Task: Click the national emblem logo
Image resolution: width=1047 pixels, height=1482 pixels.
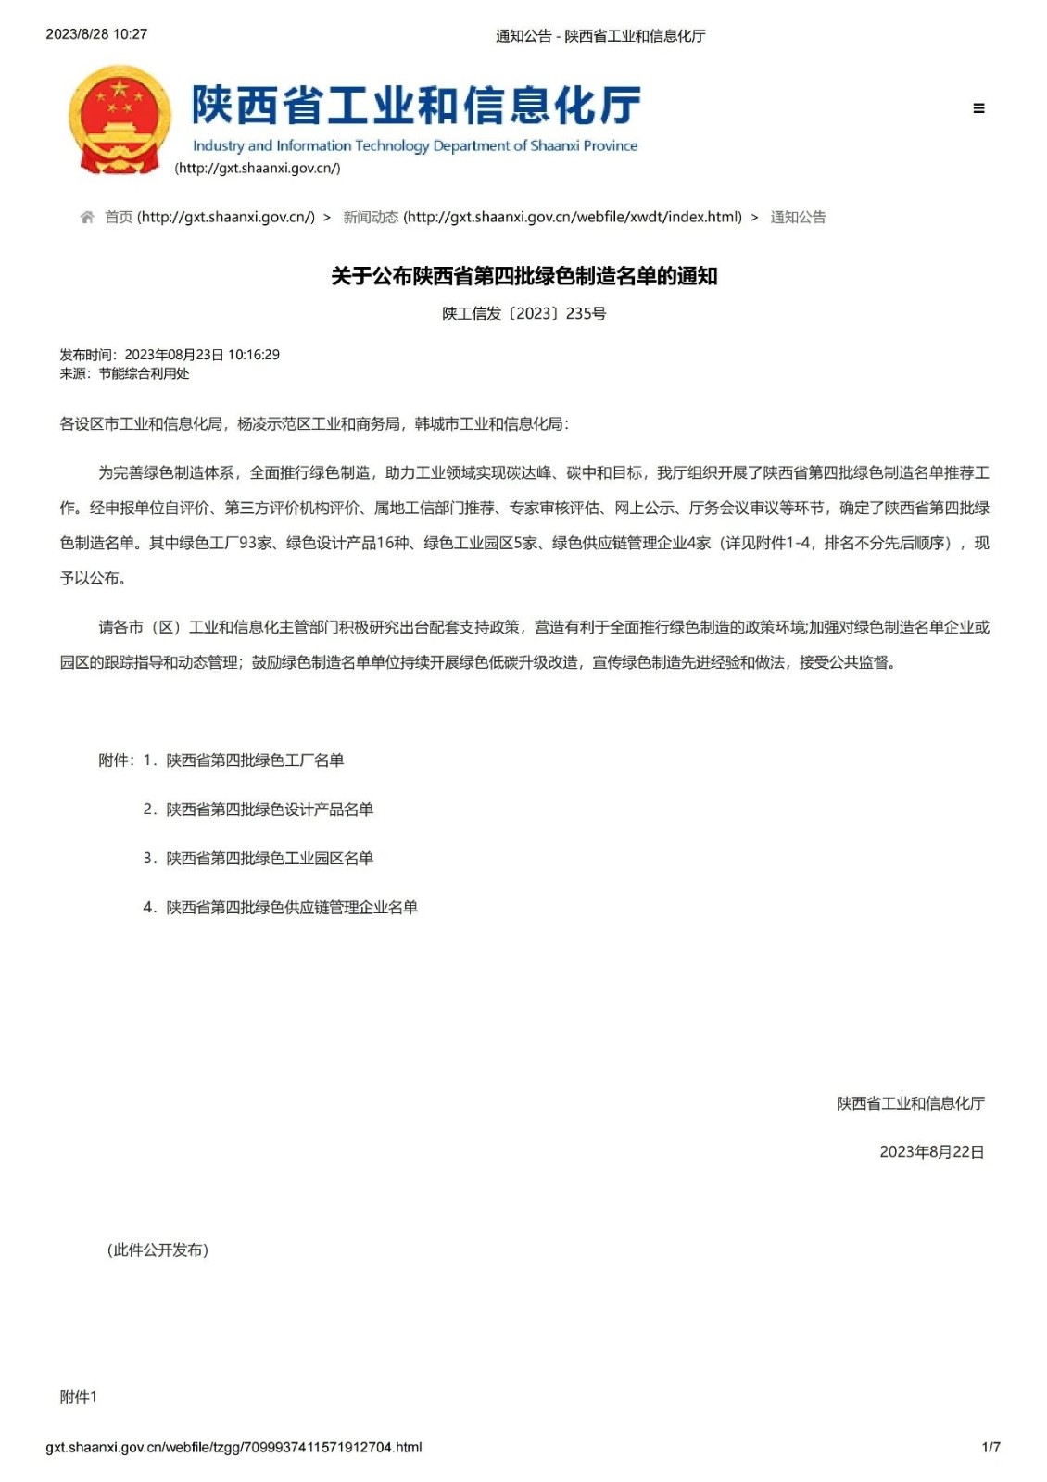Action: click(120, 119)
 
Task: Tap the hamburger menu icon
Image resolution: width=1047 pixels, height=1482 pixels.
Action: click(978, 108)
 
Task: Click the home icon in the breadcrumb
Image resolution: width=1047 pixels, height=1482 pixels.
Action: click(87, 218)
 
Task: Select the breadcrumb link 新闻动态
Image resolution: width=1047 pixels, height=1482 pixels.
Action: click(371, 218)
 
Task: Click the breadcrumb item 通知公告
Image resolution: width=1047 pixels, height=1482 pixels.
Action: click(798, 218)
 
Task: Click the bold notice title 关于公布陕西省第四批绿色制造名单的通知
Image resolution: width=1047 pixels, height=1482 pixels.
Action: click(523, 276)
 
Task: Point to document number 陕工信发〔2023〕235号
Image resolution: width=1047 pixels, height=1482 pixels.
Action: click(523, 314)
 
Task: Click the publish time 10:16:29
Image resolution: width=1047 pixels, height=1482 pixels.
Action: click(254, 355)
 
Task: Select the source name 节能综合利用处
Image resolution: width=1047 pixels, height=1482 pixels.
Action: click(144, 373)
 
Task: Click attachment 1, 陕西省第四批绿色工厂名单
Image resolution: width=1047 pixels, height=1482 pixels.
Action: click(255, 760)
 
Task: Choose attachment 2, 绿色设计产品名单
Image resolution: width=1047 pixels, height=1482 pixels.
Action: click(270, 810)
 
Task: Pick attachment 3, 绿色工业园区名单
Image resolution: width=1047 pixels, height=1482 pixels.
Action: click(270, 859)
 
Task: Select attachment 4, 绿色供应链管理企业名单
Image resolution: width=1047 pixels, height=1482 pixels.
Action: click(292, 908)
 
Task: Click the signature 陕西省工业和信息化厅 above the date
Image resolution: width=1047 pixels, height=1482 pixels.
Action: click(910, 1103)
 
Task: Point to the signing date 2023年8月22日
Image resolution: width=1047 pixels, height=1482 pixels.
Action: click(931, 1152)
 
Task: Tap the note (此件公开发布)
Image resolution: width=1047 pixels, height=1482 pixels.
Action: click(158, 1250)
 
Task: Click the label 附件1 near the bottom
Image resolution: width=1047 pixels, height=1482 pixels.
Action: click(79, 1398)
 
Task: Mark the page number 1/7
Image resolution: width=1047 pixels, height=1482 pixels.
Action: click(990, 1447)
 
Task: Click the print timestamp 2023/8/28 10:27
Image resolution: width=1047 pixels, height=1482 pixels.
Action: click(96, 34)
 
